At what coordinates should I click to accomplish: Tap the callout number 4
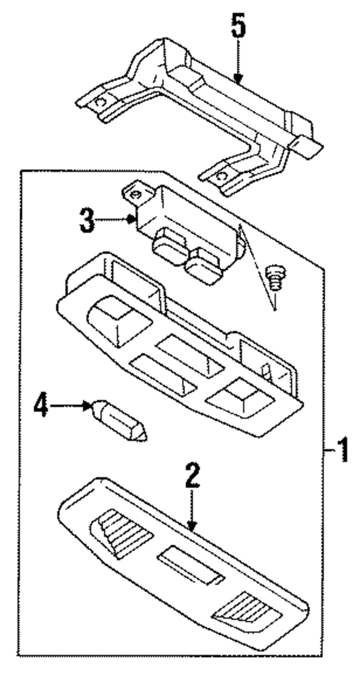tap(41, 406)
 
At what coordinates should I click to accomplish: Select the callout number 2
tap(192, 476)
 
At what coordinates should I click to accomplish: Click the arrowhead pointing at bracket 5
tap(238, 79)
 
